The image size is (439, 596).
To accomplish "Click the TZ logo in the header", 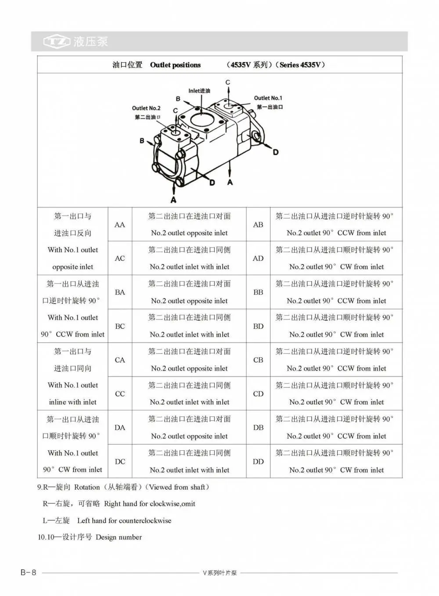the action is [57, 42].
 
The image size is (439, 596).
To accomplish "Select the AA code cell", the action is [120, 225].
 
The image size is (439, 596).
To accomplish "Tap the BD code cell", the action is [258, 326].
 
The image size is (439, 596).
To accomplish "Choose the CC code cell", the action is [120, 394].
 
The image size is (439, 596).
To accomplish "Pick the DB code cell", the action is [258, 427].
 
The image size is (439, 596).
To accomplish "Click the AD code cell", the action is [258, 258].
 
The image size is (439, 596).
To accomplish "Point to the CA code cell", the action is [120, 360].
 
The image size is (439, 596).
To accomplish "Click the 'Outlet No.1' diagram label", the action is [268, 98].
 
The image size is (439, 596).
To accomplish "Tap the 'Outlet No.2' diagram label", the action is [146, 108].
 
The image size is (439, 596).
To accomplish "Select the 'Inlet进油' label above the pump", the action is [199, 91].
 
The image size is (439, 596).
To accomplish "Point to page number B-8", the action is [28, 572].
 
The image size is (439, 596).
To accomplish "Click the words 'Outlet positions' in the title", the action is [175, 65].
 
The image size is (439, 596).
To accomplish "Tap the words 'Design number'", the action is [119, 537].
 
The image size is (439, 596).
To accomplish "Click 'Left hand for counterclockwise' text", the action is [124, 521].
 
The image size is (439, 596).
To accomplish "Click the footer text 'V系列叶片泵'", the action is [219, 573].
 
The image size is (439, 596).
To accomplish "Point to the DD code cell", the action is [258, 461].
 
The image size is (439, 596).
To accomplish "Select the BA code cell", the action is [120, 292].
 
